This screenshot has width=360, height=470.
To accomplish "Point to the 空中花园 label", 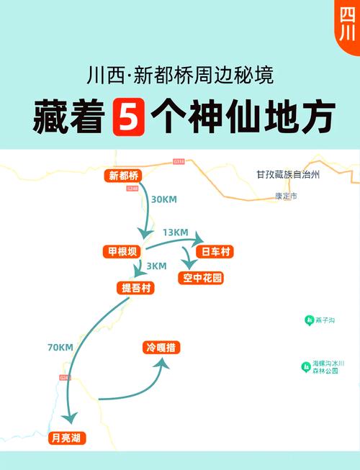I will (203, 278).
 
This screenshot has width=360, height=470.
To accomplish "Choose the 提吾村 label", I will (135, 288).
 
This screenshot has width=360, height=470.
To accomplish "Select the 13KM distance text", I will (175, 232).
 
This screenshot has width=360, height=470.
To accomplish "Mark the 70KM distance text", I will (60, 348).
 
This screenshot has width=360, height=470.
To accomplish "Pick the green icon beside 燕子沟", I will (308, 320).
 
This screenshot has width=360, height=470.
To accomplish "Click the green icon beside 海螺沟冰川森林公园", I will (305, 367).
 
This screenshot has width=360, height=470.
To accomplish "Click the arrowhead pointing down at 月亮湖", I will (69, 419).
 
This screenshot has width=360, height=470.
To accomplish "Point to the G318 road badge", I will (179, 162).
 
